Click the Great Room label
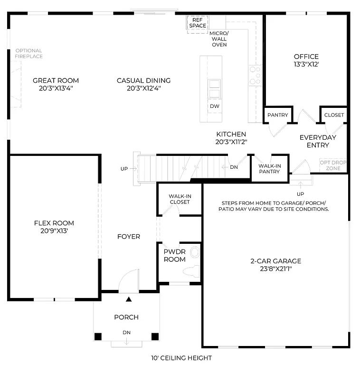pyautogui.click(x=56, y=80)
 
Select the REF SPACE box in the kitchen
pyautogui.click(x=198, y=23)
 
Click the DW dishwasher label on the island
pyautogui.click(x=214, y=106)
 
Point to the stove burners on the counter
pyautogui.click(x=256, y=76)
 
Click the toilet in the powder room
pyautogui.click(x=192, y=271)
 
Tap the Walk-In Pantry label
pyautogui.click(x=269, y=168)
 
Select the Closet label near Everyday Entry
pyautogui.click(x=334, y=115)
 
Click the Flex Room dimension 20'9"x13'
pyautogui.click(x=54, y=231)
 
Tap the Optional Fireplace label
pyautogui.click(x=28, y=53)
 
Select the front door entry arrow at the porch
pyautogui.click(x=128, y=299)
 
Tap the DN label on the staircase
pyautogui.click(x=234, y=167)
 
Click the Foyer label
pyautogui.click(x=129, y=236)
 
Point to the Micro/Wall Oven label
pyautogui.click(x=219, y=38)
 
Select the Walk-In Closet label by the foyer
pyautogui.click(x=179, y=199)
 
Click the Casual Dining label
pyautogui.click(x=143, y=80)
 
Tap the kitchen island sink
pyautogui.click(x=215, y=88)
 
